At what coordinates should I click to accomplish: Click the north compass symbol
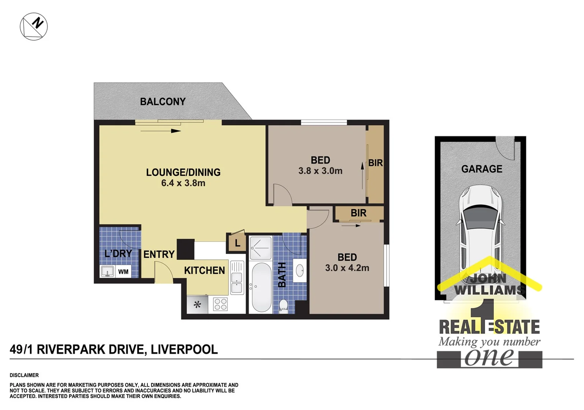(x=34, y=26)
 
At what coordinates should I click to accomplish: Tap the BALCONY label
(x=163, y=102)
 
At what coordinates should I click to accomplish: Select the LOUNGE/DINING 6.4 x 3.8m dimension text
(x=183, y=183)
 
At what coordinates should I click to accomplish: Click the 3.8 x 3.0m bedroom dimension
(x=320, y=171)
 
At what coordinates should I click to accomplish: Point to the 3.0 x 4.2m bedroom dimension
(x=347, y=268)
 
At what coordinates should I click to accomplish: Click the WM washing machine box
(x=123, y=272)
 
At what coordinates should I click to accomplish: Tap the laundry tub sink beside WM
(x=108, y=271)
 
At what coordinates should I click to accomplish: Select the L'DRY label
(x=118, y=253)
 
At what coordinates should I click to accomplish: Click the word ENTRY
(x=159, y=254)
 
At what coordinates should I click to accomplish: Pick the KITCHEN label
(x=204, y=270)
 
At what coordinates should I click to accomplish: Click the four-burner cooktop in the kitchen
(x=220, y=304)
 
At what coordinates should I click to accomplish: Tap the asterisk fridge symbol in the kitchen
(x=197, y=304)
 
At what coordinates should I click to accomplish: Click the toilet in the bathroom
(x=283, y=306)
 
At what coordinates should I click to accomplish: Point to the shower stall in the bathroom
(x=260, y=248)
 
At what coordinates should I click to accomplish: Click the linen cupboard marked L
(x=237, y=243)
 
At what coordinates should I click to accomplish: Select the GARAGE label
(x=482, y=169)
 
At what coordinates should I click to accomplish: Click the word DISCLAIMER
(x=24, y=375)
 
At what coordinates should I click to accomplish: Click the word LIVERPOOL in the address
(x=184, y=349)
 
